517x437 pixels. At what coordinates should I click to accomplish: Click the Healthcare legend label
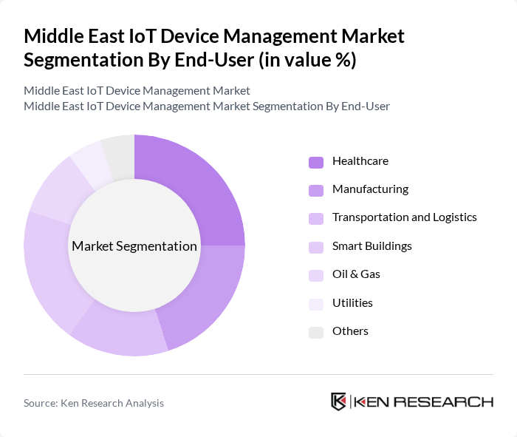[x=360, y=161]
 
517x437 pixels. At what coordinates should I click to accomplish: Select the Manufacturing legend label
[x=370, y=189]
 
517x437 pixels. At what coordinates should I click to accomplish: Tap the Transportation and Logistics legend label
[x=404, y=217]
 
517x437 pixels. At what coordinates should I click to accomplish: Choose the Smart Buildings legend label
[x=372, y=245]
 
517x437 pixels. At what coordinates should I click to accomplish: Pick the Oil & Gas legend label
[x=356, y=274]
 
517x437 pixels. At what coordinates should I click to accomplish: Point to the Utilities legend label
[x=352, y=302]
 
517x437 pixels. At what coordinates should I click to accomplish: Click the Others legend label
[x=350, y=331]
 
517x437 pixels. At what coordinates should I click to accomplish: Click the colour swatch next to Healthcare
[x=316, y=162]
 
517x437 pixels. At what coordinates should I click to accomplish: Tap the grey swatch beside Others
[x=316, y=331]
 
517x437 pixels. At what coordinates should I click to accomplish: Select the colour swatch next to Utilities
[x=316, y=303]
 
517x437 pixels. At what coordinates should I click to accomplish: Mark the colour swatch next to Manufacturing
[x=316, y=190]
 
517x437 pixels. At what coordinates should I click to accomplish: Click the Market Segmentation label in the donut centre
[x=134, y=246]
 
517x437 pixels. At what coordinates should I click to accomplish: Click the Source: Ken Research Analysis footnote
[x=94, y=403]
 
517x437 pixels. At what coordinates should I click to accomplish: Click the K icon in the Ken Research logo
[x=338, y=402]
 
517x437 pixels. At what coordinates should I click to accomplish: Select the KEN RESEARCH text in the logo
[x=424, y=402]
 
